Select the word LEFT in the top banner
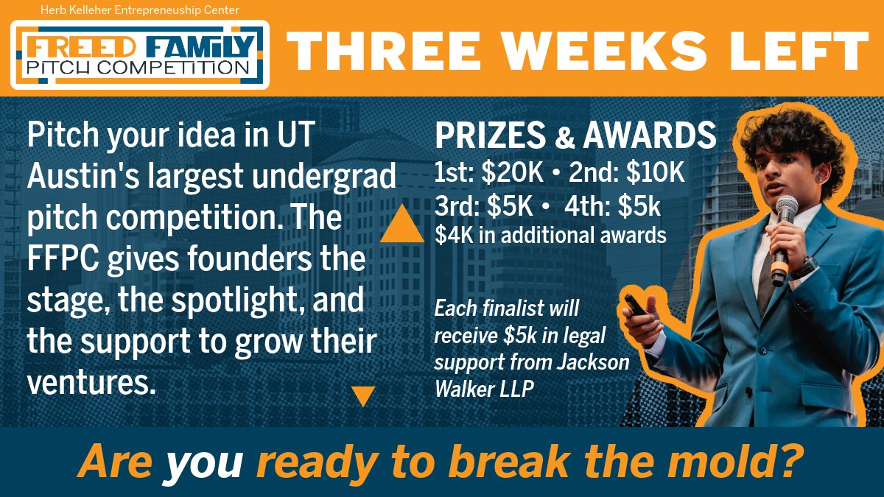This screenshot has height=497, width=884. coord(800,50)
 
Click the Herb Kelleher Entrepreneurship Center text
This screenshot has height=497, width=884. coord(138,10)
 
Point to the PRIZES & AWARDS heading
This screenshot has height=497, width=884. coord(575,135)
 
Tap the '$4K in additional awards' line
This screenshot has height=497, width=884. coord(550,236)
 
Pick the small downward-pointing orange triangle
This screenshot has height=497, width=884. coord(363,397)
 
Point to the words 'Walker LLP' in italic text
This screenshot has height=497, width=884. coord(483,389)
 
